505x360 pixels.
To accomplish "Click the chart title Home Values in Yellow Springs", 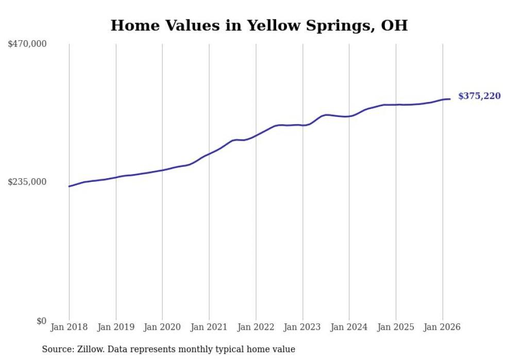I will [259, 25].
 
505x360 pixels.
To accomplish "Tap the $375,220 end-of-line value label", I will [479, 96].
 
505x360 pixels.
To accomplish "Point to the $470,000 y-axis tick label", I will [27, 44].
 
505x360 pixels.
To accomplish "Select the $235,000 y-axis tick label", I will [27, 182].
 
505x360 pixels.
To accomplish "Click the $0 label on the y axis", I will [41, 321].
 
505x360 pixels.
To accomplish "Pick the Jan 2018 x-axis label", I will [69, 327].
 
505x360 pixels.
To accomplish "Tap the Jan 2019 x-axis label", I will [116, 327].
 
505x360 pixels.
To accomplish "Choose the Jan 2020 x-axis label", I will [162, 327].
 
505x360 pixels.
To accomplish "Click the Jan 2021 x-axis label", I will [209, 327].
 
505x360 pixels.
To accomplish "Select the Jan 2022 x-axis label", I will [256, 327].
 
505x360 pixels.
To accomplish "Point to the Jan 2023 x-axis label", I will [302, 327].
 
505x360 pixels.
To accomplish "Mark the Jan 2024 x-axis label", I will [349, 327].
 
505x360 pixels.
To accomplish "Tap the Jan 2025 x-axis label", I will [396, 327].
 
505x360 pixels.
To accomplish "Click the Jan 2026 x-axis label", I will [442, 327].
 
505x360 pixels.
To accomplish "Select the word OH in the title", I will [394, 25].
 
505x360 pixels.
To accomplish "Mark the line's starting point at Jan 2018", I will [69, 186].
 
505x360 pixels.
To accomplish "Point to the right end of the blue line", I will [450, 99].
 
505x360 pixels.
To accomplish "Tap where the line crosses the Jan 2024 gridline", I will [349, 116].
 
